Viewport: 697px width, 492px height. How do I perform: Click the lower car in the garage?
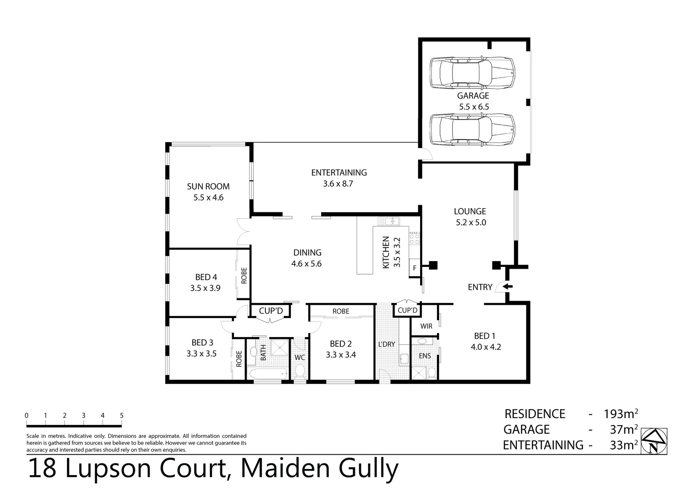click(473, 130)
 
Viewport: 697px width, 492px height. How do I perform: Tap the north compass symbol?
click(654, 441)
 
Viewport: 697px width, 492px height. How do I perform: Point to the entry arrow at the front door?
click(507, 287)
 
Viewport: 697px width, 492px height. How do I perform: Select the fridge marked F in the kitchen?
click(415, 268)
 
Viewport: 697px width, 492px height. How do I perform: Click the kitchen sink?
click(389, 222)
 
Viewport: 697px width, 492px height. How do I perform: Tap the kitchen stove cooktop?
click(414, 239)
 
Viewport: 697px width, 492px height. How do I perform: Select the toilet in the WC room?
click(300, 373)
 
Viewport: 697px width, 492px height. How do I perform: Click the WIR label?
click(426, 326)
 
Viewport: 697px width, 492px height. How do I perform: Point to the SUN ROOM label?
click(208, 186)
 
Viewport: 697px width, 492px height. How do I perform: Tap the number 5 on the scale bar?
click(121, 415)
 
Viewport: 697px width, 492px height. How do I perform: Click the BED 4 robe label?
click(244, 276)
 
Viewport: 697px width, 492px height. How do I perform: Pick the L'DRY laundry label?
click(386, 344)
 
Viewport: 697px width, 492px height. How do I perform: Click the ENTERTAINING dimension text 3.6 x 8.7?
click(338, 184)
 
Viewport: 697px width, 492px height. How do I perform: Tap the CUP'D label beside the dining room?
click(271, 311)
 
